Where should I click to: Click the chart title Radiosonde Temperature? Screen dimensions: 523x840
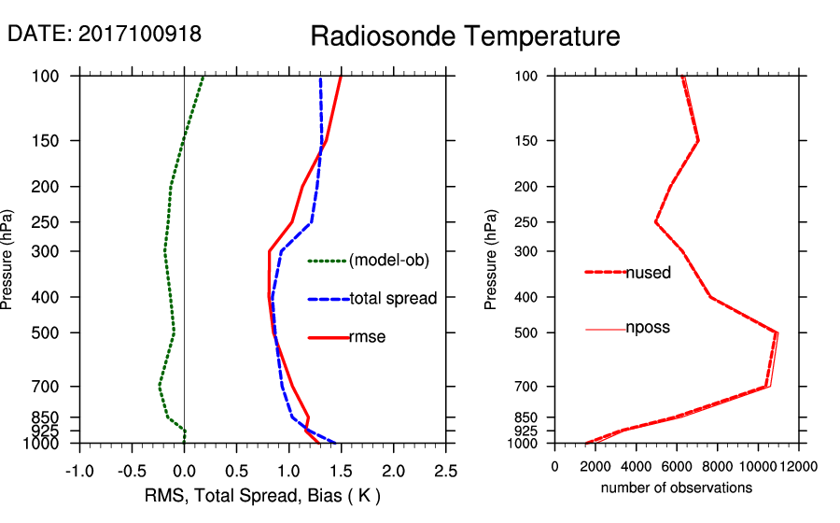click(464, 36)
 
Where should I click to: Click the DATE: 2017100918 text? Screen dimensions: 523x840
click(104, 34)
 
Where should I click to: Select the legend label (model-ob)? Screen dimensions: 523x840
click(388, 261)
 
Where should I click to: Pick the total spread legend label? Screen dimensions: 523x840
click(393, 299)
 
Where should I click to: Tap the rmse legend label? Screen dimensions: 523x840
click(367, 337)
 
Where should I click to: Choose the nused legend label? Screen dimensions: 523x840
click(648, 272)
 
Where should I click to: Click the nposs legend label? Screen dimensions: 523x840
click(648, 328)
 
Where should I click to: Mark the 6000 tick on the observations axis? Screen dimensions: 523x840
click(677, 466)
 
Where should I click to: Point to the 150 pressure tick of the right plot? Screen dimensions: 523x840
click(526, 141)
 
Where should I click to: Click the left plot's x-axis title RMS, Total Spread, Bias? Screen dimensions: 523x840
click(262, 494)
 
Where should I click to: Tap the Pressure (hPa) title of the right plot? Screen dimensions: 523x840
click(491, 260)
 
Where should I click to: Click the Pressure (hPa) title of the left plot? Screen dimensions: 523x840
click(8, 260)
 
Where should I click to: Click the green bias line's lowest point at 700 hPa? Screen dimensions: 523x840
click(160, 386)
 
